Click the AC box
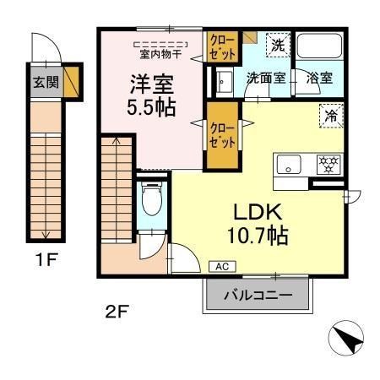click(222, 266)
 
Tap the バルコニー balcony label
click(258, 296)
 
